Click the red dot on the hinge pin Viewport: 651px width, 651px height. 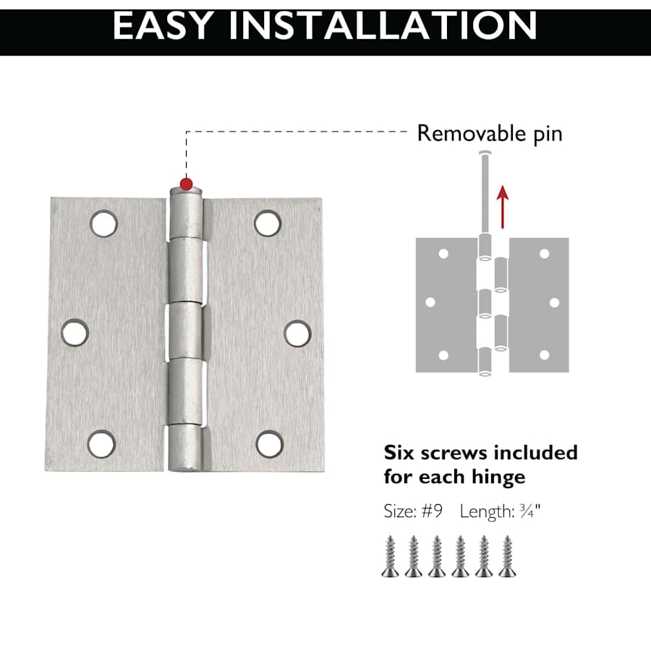pos(187,184)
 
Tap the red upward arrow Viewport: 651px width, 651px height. pos(503,207)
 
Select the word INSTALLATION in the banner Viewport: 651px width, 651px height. pos(383,26)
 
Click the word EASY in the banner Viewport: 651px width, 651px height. pos(163,26)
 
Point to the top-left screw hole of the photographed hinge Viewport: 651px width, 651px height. pos(103,224)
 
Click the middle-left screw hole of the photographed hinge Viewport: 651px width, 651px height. pos(75,333)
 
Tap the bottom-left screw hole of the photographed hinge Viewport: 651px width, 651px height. pos(102,444)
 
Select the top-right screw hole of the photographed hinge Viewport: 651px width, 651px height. pos(268,224)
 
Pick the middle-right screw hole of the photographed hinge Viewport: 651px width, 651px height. pos(298,333)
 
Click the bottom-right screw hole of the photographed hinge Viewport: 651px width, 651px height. pos(270,444)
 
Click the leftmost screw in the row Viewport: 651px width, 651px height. pos(391,556)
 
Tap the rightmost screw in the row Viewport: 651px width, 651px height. pos(507,556)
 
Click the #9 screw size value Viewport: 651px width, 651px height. pos(433,511)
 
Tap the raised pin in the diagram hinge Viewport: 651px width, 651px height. pos(485,193)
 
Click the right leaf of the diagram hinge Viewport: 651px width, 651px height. pos(538,305)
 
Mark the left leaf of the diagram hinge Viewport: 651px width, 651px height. pos(446,305)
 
